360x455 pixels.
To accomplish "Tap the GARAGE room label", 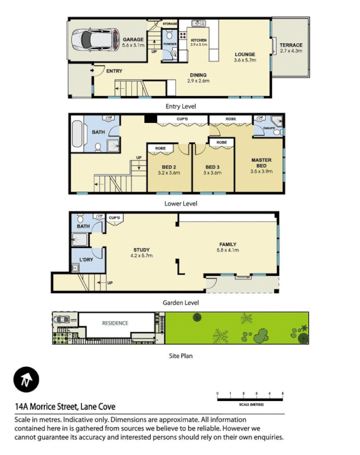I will [x=134, y=40].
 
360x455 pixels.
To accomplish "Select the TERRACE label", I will [x=291, y=45].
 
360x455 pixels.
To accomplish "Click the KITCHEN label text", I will [x=199, y=40].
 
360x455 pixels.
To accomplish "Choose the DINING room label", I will [x=198, y=75].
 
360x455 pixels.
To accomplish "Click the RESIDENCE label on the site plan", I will [x=115, y=323].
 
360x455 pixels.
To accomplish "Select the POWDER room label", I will [x=170, y=44].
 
